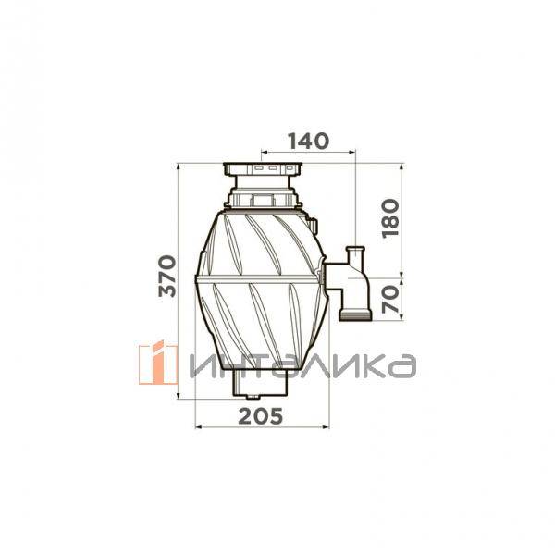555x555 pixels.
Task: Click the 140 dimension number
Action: (309, 142)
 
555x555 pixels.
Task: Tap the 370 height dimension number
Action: (167, 276)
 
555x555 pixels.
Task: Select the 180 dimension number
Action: (390, 218)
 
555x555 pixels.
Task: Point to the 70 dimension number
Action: (390, 299)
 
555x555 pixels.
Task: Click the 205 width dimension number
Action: (261, 416)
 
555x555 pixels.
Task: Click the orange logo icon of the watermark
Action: (158, 362)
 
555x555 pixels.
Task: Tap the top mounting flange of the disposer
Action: (263, 169)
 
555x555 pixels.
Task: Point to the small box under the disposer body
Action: (260, 383)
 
